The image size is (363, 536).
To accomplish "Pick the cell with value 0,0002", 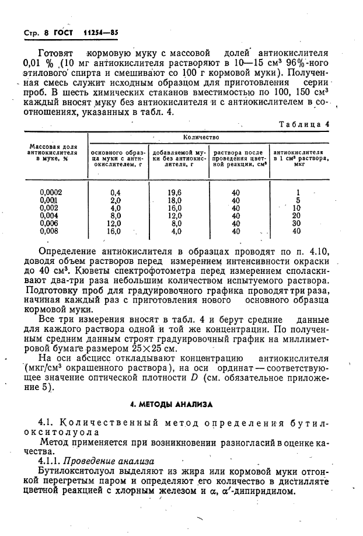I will coord(51,192).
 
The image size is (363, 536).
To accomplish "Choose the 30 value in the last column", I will coord(296,223).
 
